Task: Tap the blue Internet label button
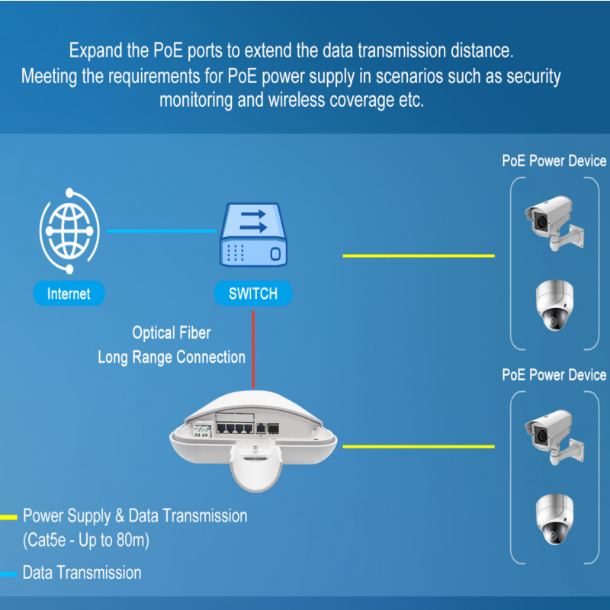tap(69, 294)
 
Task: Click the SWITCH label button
tap(253, 294)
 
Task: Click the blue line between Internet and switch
tap(160, 230)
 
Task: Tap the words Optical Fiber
tap(172, 333)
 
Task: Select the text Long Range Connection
tap(172, 357)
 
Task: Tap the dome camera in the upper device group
tap(554, 305)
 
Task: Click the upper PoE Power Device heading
tap(554, 161)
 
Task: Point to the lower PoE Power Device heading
tap(554, 375)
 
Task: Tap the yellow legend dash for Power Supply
tap(8, 517)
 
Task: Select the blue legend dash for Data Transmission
tap(8, 573)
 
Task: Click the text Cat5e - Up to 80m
tap(85, 541)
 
